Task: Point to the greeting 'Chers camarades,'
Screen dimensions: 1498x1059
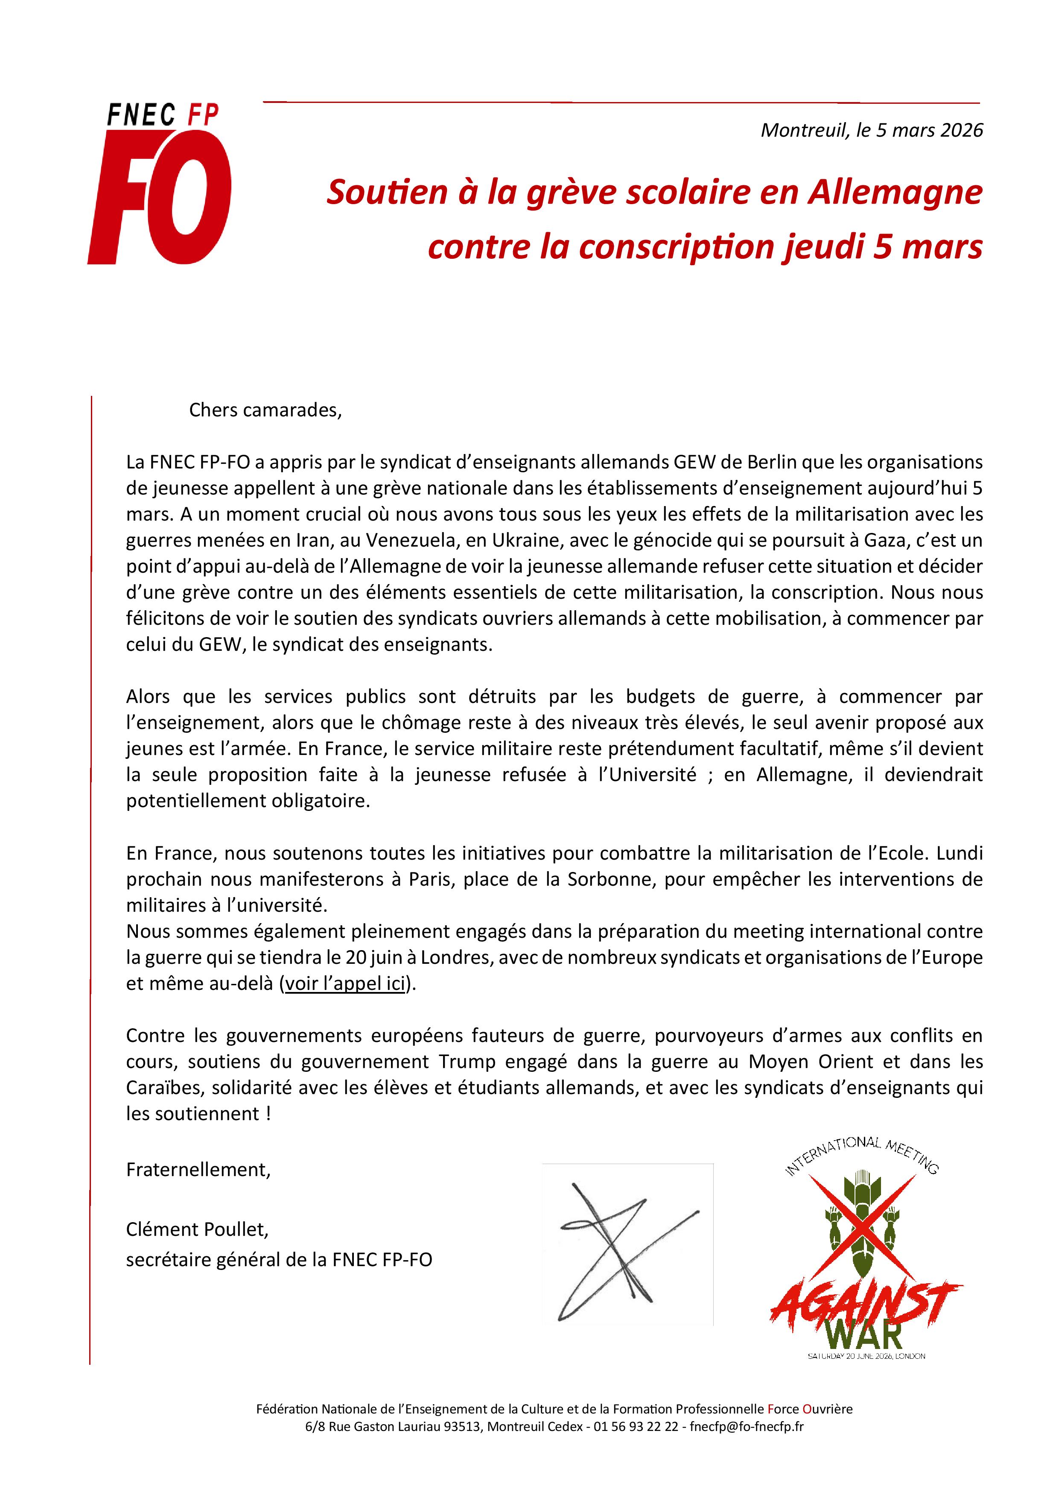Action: (x=265, y=410)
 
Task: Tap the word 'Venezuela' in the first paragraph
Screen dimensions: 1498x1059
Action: (x=410, y=540)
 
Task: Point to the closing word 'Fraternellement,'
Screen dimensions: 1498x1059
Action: (x=198, y=1170)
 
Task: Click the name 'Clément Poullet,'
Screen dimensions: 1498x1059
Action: (x=197, y=1230)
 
